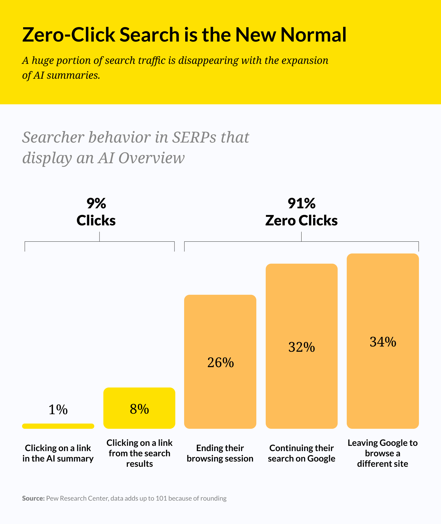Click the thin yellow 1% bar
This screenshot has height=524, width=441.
click(x=58, y=426)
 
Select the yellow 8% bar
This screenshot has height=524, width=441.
click(x=139, y=408)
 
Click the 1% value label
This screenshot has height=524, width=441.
click(x=58, y=410)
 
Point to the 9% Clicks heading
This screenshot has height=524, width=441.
click(x=96, y=212)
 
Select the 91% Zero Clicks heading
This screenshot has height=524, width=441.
click(x=301, y=212)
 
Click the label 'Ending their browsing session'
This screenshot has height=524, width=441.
click(x=220, y=453)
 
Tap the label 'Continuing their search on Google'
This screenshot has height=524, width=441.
click(x=302, y=453)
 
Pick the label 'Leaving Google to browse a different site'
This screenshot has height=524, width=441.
click(x=383, y=453)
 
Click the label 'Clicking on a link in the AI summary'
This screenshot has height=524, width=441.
click(x=58, y=453)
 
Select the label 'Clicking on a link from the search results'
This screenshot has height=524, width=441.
click(x=139, y=453)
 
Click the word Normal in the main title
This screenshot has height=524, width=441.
click(x=313, y=35)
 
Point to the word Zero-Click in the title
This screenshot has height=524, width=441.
click(x=68, y=35)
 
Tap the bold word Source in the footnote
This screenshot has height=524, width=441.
click(x=33, y=498)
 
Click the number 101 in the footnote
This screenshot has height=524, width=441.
click(x=161, y=498)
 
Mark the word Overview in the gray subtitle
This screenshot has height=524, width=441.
click(x=152, y=158)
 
